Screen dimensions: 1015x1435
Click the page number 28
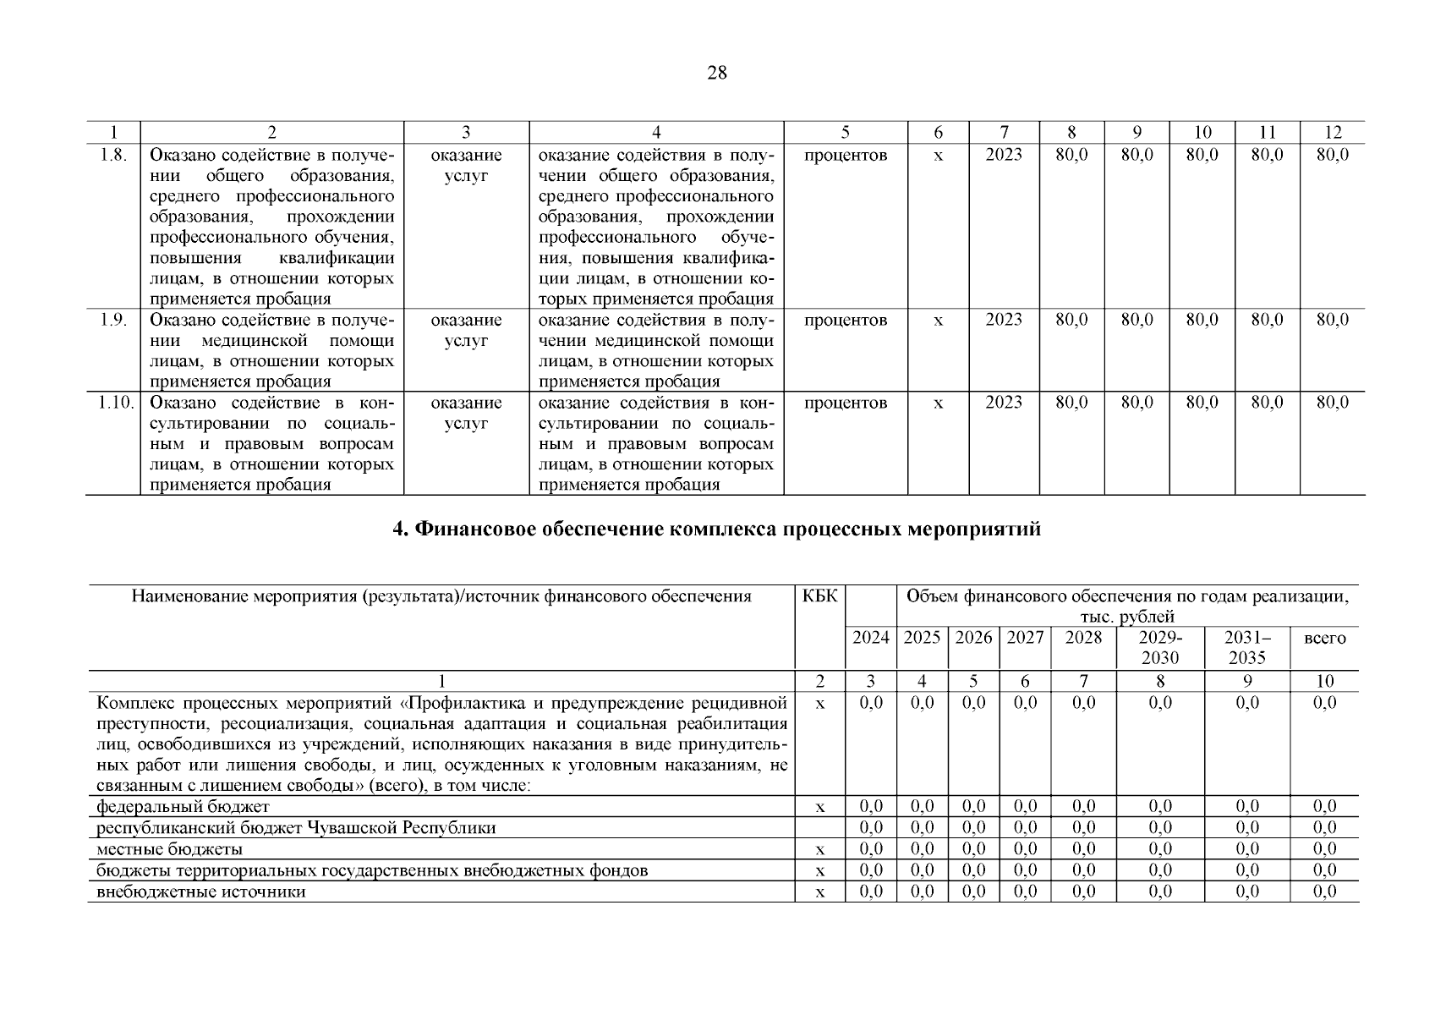click(x=716, y=73)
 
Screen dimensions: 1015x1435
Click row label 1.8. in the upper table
click(x=112, y=155)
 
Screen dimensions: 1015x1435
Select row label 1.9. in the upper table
click(x=112, y=321)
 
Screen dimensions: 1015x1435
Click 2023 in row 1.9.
click(x=1003, y=321)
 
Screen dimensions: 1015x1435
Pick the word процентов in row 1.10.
click(x=846, y=403)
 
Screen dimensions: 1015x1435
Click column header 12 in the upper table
click(x=1332, y=132)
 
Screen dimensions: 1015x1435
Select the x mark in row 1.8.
click(x=938, y=156)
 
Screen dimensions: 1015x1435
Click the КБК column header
click(x=819, y=596)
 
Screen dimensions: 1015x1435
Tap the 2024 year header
click(x=870, y=638)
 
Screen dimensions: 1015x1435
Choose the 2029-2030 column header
click(x=1160, y=647)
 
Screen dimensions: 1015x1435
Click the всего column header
click(x=1324, y=639)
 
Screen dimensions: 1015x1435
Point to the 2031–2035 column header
click(x=1246, y=647)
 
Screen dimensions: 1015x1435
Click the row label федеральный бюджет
click(x=183, y=807)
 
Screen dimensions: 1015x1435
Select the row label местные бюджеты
click(x=169, y=849)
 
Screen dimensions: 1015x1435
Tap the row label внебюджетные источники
click(x=201, y=892)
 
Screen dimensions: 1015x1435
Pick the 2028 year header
click(x=1083, y=638)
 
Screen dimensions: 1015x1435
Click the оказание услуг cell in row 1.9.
click(x=466, y=331)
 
